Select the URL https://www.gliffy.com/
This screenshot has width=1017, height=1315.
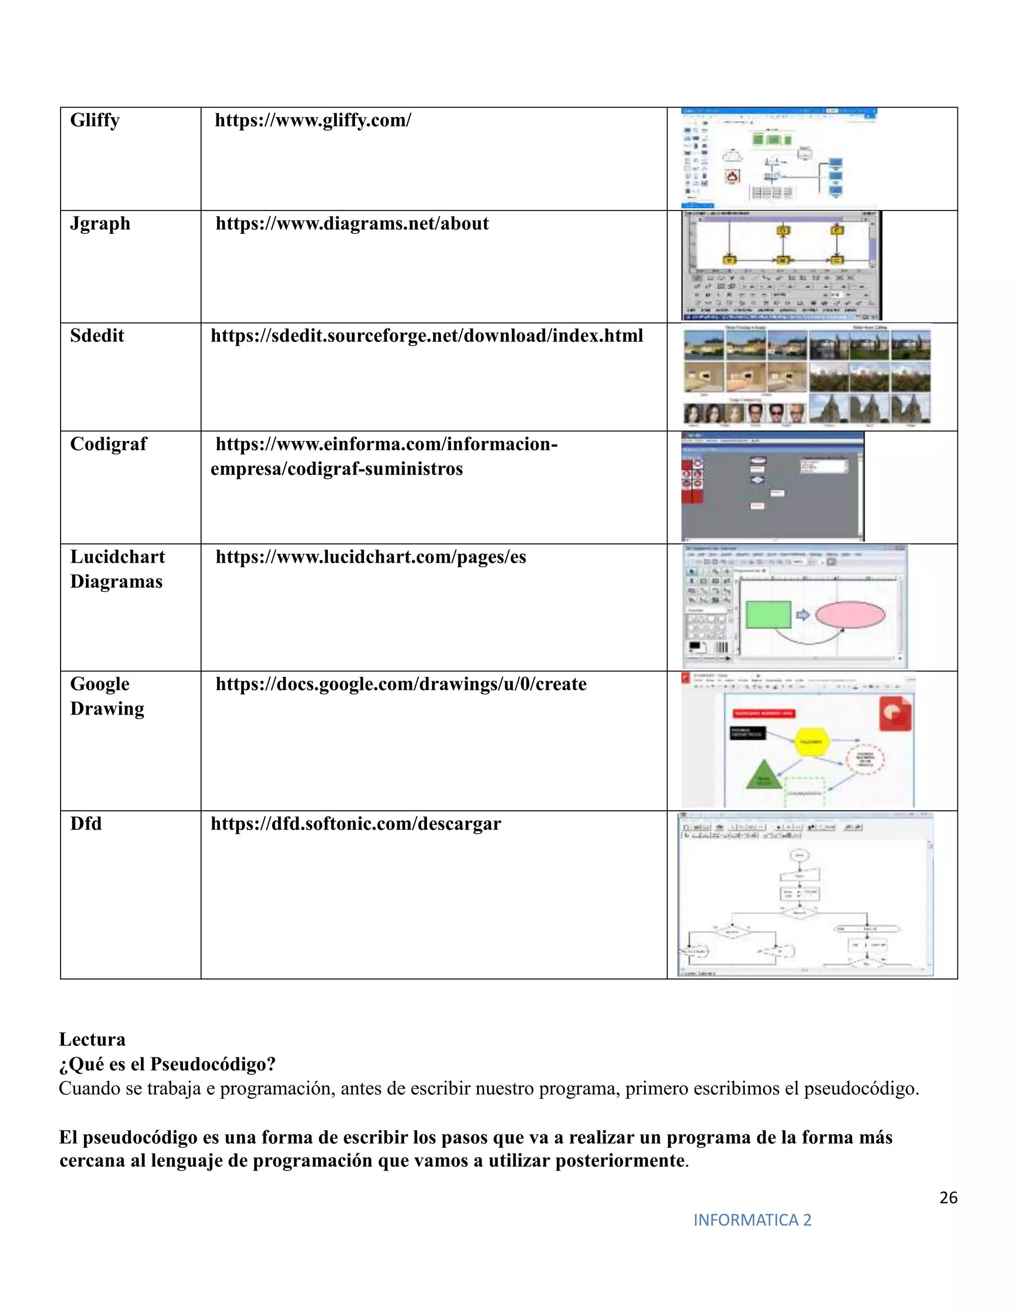coord(313,121)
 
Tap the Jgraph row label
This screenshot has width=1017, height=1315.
coord(100,223)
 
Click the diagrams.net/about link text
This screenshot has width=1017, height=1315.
coord(352,223)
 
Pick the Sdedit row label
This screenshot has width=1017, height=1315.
coord(97,335)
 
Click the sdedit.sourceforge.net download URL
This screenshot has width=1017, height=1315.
coord(427,335)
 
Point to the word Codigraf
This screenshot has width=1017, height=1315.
coord(108,444)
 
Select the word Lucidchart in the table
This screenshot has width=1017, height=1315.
coord(118,557)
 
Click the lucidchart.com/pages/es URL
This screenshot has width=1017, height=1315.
coord(370,557)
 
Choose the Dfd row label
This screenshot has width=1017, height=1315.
coord(85,824)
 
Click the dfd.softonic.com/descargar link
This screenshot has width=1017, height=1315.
coord(356,824)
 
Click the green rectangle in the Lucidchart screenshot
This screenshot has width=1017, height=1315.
coord(768,615)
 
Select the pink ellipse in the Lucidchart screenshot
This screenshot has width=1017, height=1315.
coord(850,615)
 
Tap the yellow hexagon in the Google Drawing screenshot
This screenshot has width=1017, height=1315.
coord(810,741)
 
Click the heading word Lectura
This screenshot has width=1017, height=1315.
coord(92,1040)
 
